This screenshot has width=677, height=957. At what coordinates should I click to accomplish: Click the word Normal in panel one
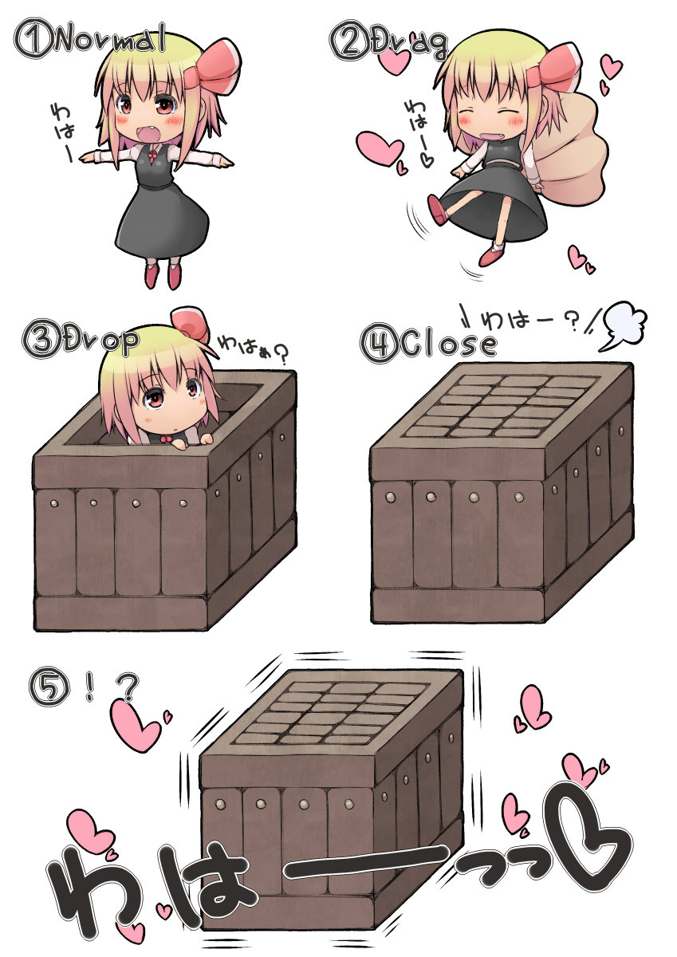tap(111, 38)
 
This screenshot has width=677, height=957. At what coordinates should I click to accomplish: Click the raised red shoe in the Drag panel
tap(437, 211)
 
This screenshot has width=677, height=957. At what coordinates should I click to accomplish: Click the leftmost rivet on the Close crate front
tap(392, 497)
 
